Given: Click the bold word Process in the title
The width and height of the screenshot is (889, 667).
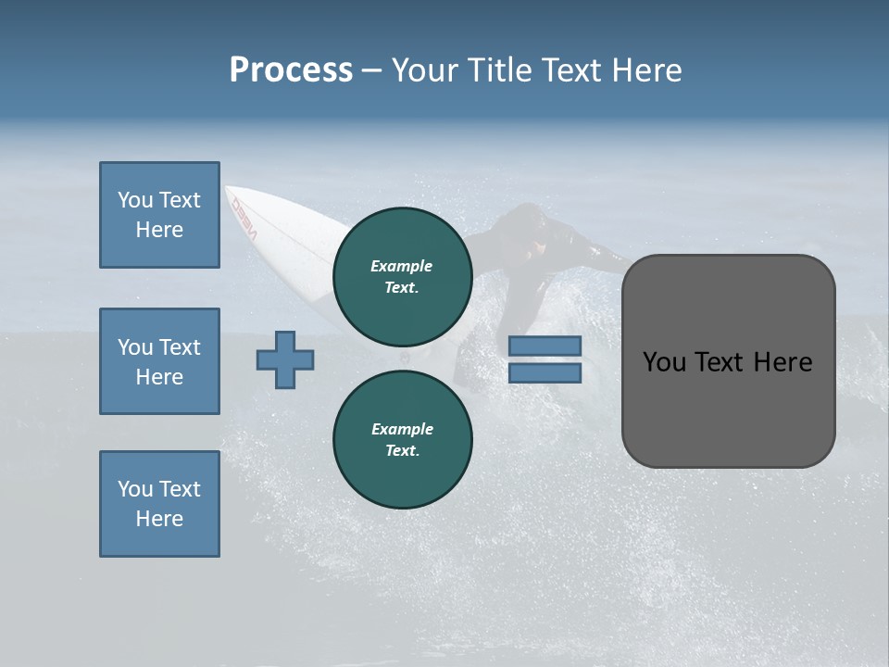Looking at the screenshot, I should click(x=291, y=70).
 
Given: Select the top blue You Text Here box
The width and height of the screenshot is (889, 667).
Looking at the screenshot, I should click(x=159, y=215).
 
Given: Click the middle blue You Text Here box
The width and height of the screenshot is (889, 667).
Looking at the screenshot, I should click(x=159, y=361).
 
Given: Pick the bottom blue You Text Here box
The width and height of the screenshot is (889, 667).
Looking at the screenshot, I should click(x=159, y=504).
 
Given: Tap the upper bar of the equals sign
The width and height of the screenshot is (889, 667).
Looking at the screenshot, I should click(x=545, y=346).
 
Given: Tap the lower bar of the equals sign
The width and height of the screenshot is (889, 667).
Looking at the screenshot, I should click(x=545, y=373).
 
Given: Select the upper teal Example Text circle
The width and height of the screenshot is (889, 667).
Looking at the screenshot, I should click(x=402, y=276).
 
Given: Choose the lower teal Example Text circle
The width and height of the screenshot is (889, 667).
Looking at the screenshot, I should click(x=402, y=439).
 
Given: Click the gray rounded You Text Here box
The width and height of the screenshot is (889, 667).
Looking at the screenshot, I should click(x=728, y=361).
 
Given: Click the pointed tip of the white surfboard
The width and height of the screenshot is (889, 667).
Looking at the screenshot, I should click(x=228, y=189).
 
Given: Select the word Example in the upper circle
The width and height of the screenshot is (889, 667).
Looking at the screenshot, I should click(x=401, y=266).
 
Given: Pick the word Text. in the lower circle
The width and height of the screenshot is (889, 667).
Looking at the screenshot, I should click(x=402, y=450).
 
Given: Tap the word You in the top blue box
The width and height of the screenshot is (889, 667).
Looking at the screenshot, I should click(x=135, y=200).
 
